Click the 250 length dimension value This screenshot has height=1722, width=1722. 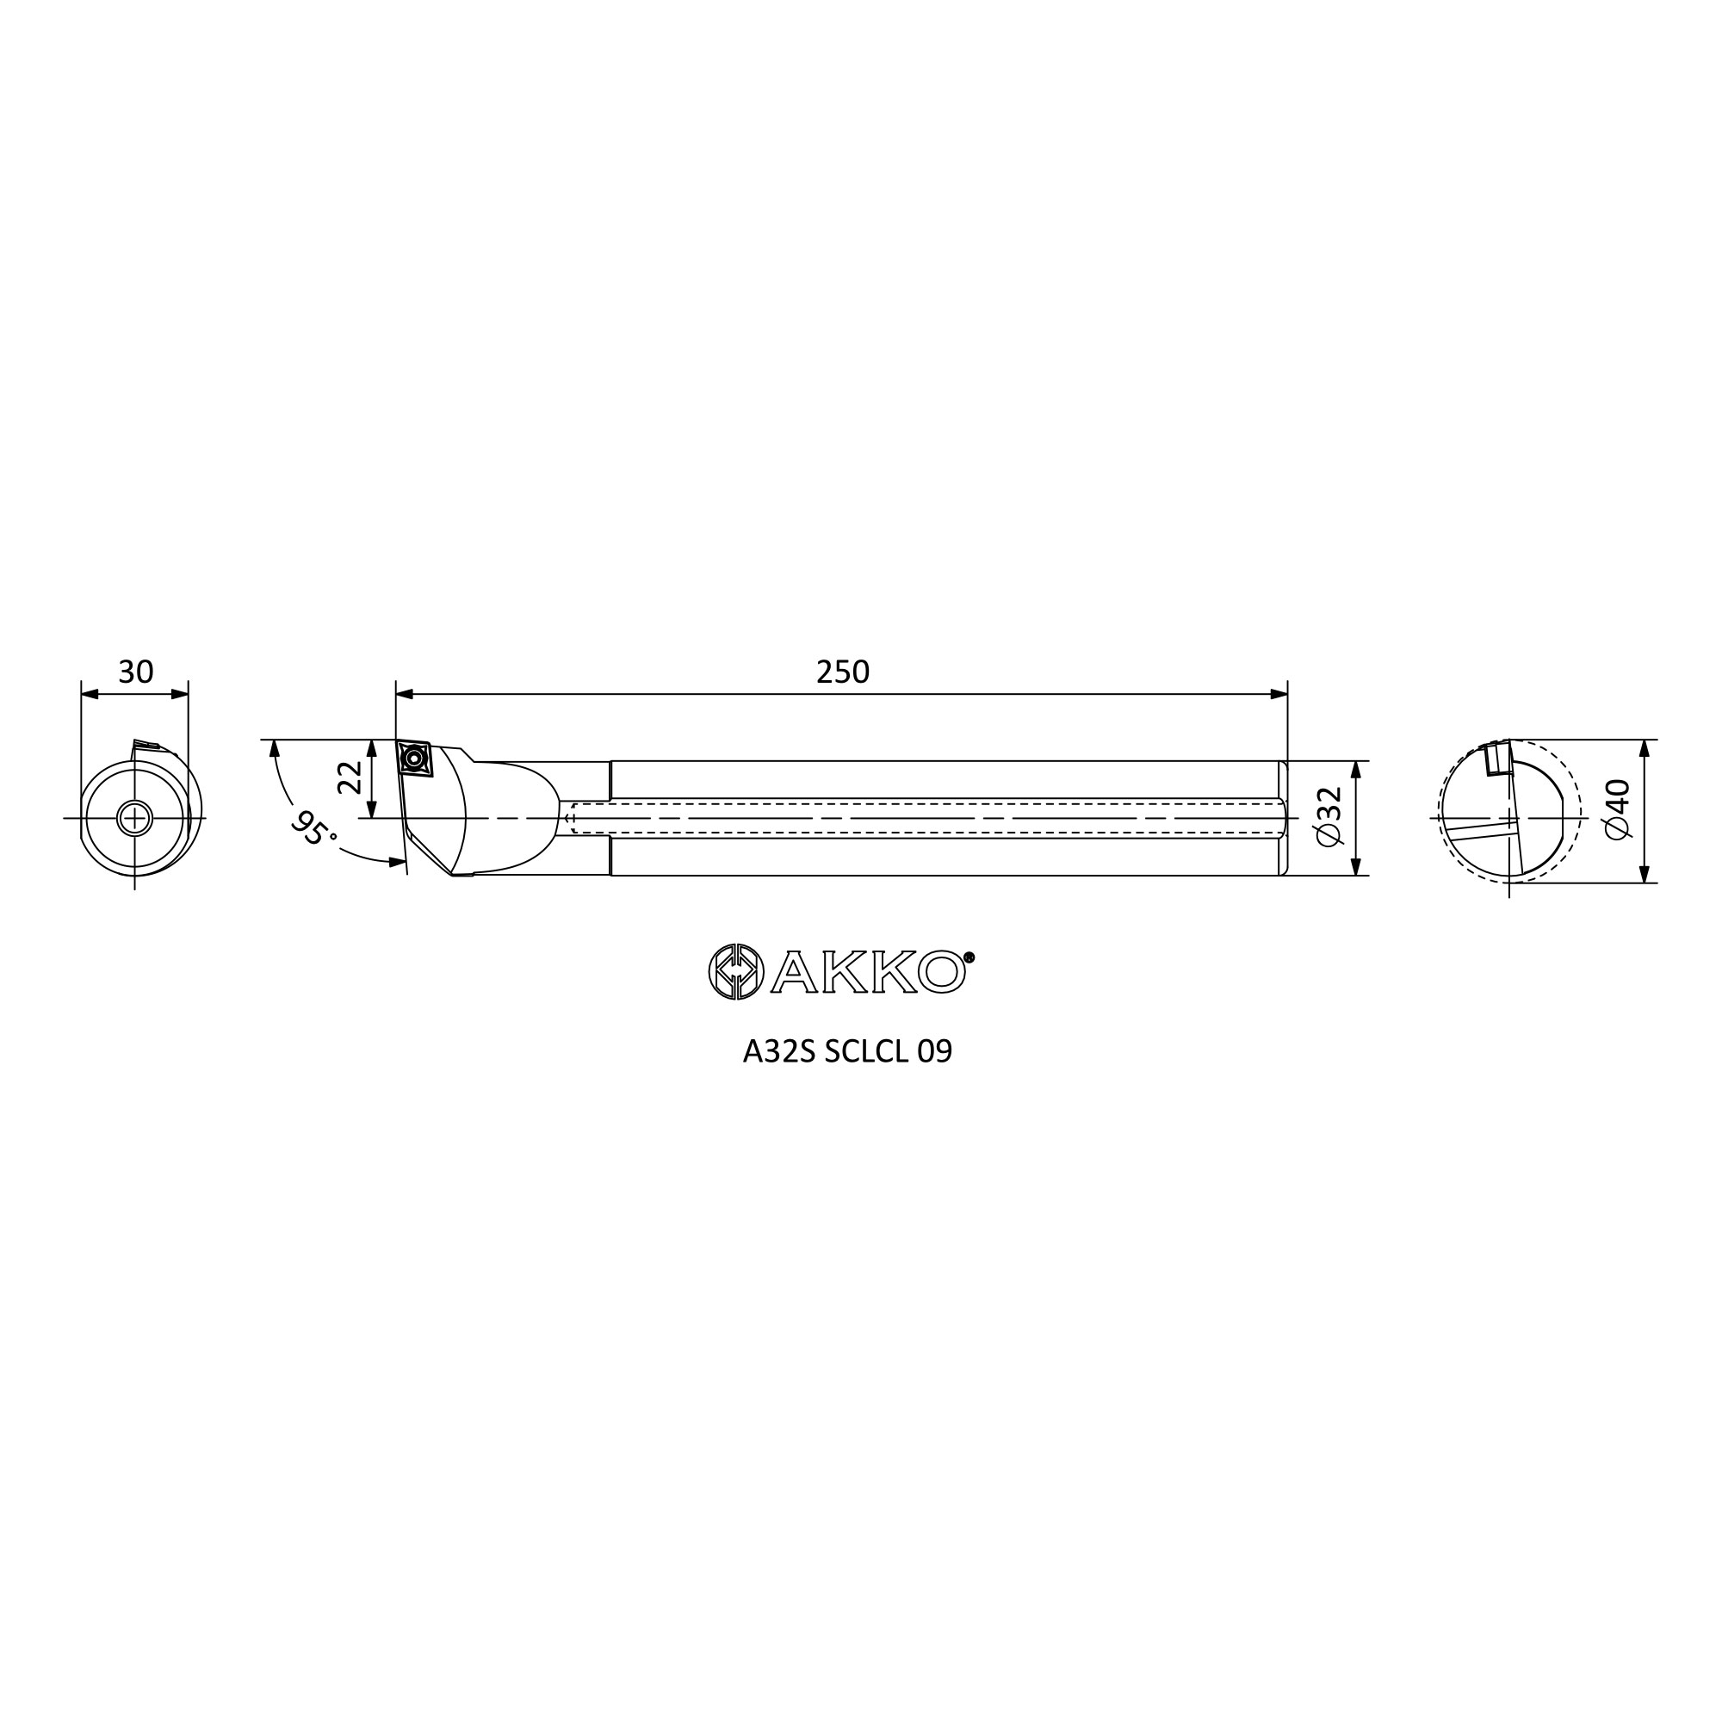click(x=842, y=672)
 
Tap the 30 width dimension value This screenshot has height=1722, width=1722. click(x=135, y=672)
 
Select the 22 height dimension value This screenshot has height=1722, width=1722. click(x=350, y=777)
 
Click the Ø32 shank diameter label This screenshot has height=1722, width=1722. click(x=1328, y=817)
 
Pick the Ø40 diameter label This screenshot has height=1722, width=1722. click(x=1617, y=809)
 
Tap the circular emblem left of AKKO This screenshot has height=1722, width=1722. click(x=736, y=971)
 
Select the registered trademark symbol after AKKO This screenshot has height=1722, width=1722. click(x=969, y=957)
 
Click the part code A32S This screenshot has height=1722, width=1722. click(x=779, y=1053)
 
